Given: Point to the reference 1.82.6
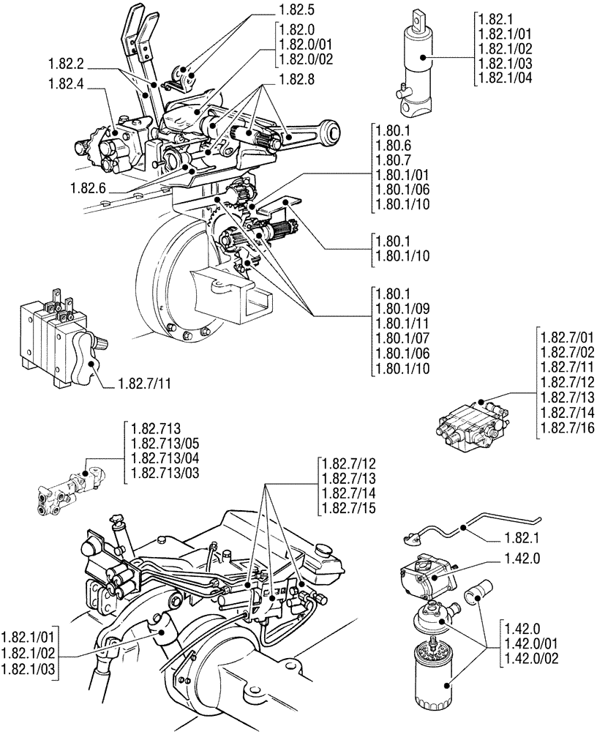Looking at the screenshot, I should click(x=89, y=188).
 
